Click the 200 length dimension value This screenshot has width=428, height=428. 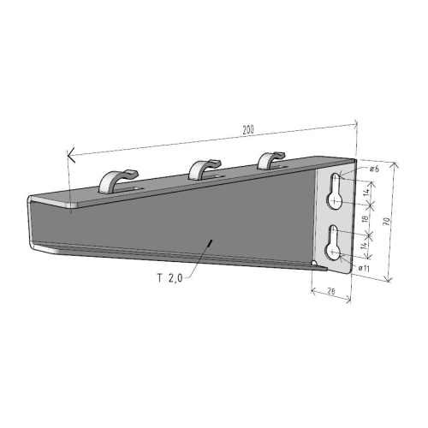(x=248, y=129)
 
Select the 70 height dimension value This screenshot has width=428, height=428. (x=388, y=220)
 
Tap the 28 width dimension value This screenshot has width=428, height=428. (x=330, y=290)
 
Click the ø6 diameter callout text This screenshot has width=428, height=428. (x=374, y=170)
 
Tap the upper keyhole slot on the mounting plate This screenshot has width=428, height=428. (x=336, y=194)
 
